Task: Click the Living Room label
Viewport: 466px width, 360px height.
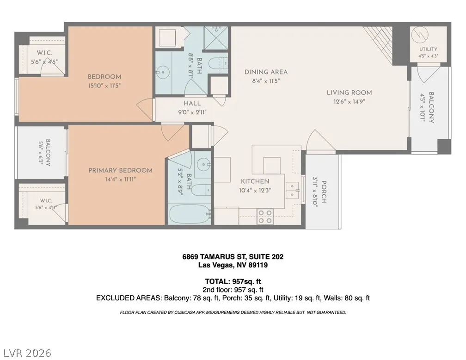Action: tap(349, 93)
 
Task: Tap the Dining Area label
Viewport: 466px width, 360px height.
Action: tap(266, 72)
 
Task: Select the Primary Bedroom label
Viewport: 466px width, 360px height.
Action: tap(120, 170)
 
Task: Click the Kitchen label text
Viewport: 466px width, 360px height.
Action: tap(255, 181)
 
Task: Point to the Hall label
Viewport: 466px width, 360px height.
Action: tap(192, 103)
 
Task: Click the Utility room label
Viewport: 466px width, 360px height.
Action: tap(428, 49)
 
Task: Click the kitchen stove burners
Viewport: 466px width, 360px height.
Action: tap(265, 217)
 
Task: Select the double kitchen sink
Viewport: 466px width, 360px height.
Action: tap(293, 191)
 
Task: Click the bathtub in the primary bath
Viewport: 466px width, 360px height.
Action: tap(190, 214)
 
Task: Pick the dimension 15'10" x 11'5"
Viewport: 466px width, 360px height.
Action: tap(104, 86)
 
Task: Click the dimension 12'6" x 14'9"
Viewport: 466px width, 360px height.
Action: tap(349, 101)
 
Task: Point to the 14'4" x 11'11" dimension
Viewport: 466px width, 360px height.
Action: tap(120, 180)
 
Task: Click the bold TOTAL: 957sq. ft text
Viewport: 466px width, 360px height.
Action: tap(233, 281)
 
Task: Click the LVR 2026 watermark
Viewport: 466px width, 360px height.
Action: tap(26, 353)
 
